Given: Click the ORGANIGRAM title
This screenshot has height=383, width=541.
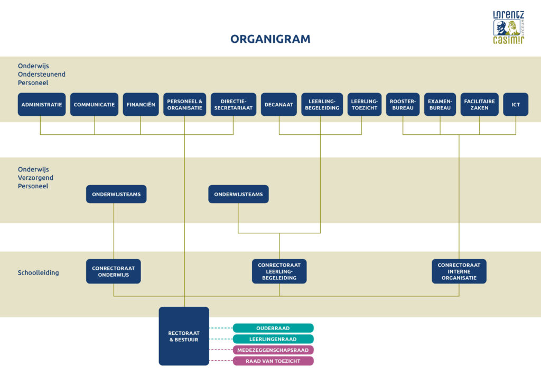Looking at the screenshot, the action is tap(270, 39).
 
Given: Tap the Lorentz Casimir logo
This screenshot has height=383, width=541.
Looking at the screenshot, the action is tap(509, 28).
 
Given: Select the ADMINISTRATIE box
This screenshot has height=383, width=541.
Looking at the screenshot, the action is tap(42, 104).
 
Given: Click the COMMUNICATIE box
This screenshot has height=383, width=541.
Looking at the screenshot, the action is tap(94, 104).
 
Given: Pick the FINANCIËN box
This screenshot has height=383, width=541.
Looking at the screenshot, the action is tap(141, 104).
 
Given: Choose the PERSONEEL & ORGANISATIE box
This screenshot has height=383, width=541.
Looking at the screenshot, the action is tap(184, 104).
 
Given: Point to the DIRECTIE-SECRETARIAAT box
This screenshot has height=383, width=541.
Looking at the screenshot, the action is tap(234, 104).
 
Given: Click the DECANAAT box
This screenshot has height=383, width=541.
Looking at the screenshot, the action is tap(279, 104).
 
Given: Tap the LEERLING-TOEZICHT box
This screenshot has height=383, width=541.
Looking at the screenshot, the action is tap(365, 104).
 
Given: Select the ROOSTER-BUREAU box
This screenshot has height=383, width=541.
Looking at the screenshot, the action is tap(403, 104).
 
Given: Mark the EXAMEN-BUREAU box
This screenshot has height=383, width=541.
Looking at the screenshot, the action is tap(440, 104).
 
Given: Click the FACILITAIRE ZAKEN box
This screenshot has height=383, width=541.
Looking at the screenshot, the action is tap(479, 104).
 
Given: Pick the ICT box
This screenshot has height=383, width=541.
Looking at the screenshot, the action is tap(516, 104).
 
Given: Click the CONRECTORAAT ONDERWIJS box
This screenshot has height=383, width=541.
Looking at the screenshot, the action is tap(114, 271).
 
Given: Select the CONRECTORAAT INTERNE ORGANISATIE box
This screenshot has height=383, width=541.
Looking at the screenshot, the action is tap(459, 271).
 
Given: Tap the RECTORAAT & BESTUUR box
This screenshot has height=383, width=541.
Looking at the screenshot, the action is tap(184, 336).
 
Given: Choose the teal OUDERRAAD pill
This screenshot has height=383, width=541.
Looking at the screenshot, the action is tap(273, 328).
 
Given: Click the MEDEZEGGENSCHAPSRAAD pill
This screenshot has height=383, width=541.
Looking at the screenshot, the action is tap(273, 350).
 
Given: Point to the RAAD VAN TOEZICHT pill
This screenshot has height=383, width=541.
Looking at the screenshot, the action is tap(273, 361).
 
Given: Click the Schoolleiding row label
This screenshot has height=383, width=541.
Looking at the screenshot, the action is tap(38, 273).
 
